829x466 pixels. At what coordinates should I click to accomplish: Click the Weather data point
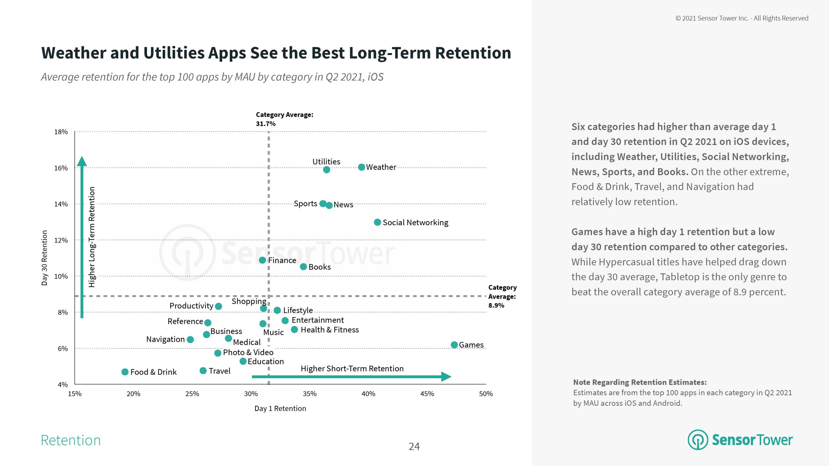(361, 167)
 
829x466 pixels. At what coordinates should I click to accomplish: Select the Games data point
(454, 345)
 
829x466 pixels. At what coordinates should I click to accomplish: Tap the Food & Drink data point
(125, 372)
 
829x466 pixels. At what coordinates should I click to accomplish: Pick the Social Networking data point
(377, 222)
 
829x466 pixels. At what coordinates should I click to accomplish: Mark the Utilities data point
(326, 170)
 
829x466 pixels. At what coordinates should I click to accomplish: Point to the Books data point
(303, 267)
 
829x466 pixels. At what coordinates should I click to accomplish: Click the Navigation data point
(190, 339)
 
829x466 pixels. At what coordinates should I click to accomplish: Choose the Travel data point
(203, 371)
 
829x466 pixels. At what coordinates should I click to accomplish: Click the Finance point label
(282, 260)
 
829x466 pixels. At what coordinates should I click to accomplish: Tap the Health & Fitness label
(329, 330)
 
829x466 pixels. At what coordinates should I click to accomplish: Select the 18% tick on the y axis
(61, 132)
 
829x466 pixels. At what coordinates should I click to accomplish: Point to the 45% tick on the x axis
(427, 394)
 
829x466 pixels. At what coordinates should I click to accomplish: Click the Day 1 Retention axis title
(280, 408)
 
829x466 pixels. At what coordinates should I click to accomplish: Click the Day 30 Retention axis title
(44, 258)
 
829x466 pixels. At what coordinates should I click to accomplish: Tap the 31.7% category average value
(266, 124)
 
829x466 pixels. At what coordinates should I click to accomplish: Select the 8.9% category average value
(496, 305)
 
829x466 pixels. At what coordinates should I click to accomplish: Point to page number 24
(414, 447)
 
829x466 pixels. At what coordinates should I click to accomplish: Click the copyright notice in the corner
(742, 18)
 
